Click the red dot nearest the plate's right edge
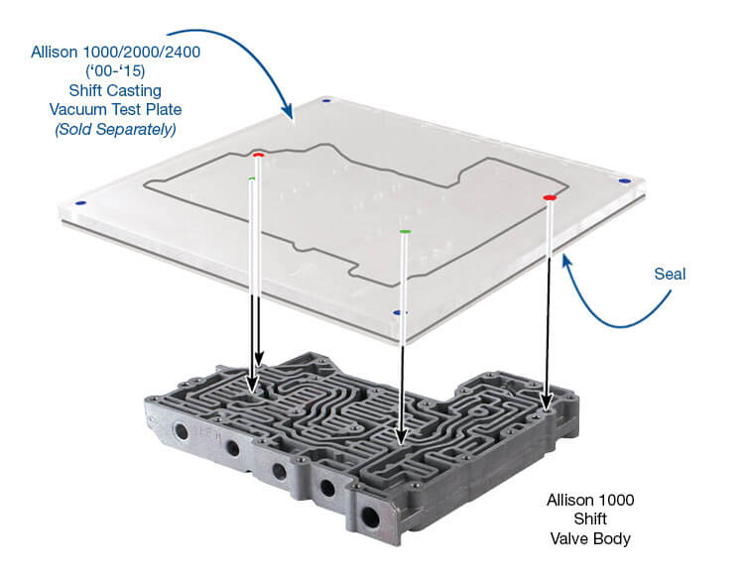tap(550, 198)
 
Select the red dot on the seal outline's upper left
tap(258, 155)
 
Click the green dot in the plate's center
tap(405, 232)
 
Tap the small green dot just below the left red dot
tap(252, 178)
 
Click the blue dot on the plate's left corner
tap(79, 203)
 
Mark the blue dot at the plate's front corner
tap(397, 312)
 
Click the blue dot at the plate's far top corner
tap(325, 100)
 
